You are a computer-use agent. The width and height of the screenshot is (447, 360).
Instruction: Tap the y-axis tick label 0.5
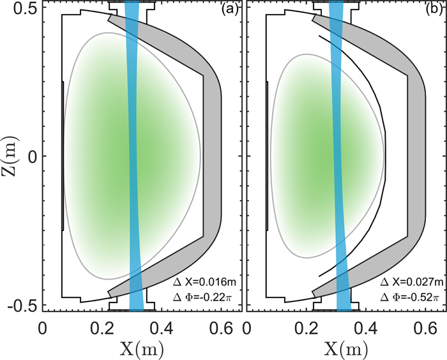click(x=22, y=8)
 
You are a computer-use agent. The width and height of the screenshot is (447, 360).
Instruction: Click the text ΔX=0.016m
click(x=204, y=281)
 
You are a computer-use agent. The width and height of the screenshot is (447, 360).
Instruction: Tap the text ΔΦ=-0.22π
click(x=204, y=296)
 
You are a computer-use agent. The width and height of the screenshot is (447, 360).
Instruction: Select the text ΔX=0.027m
click(x=409, y=281)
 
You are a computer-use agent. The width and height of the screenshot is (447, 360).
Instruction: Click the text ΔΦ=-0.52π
click(x=409, y=296)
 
